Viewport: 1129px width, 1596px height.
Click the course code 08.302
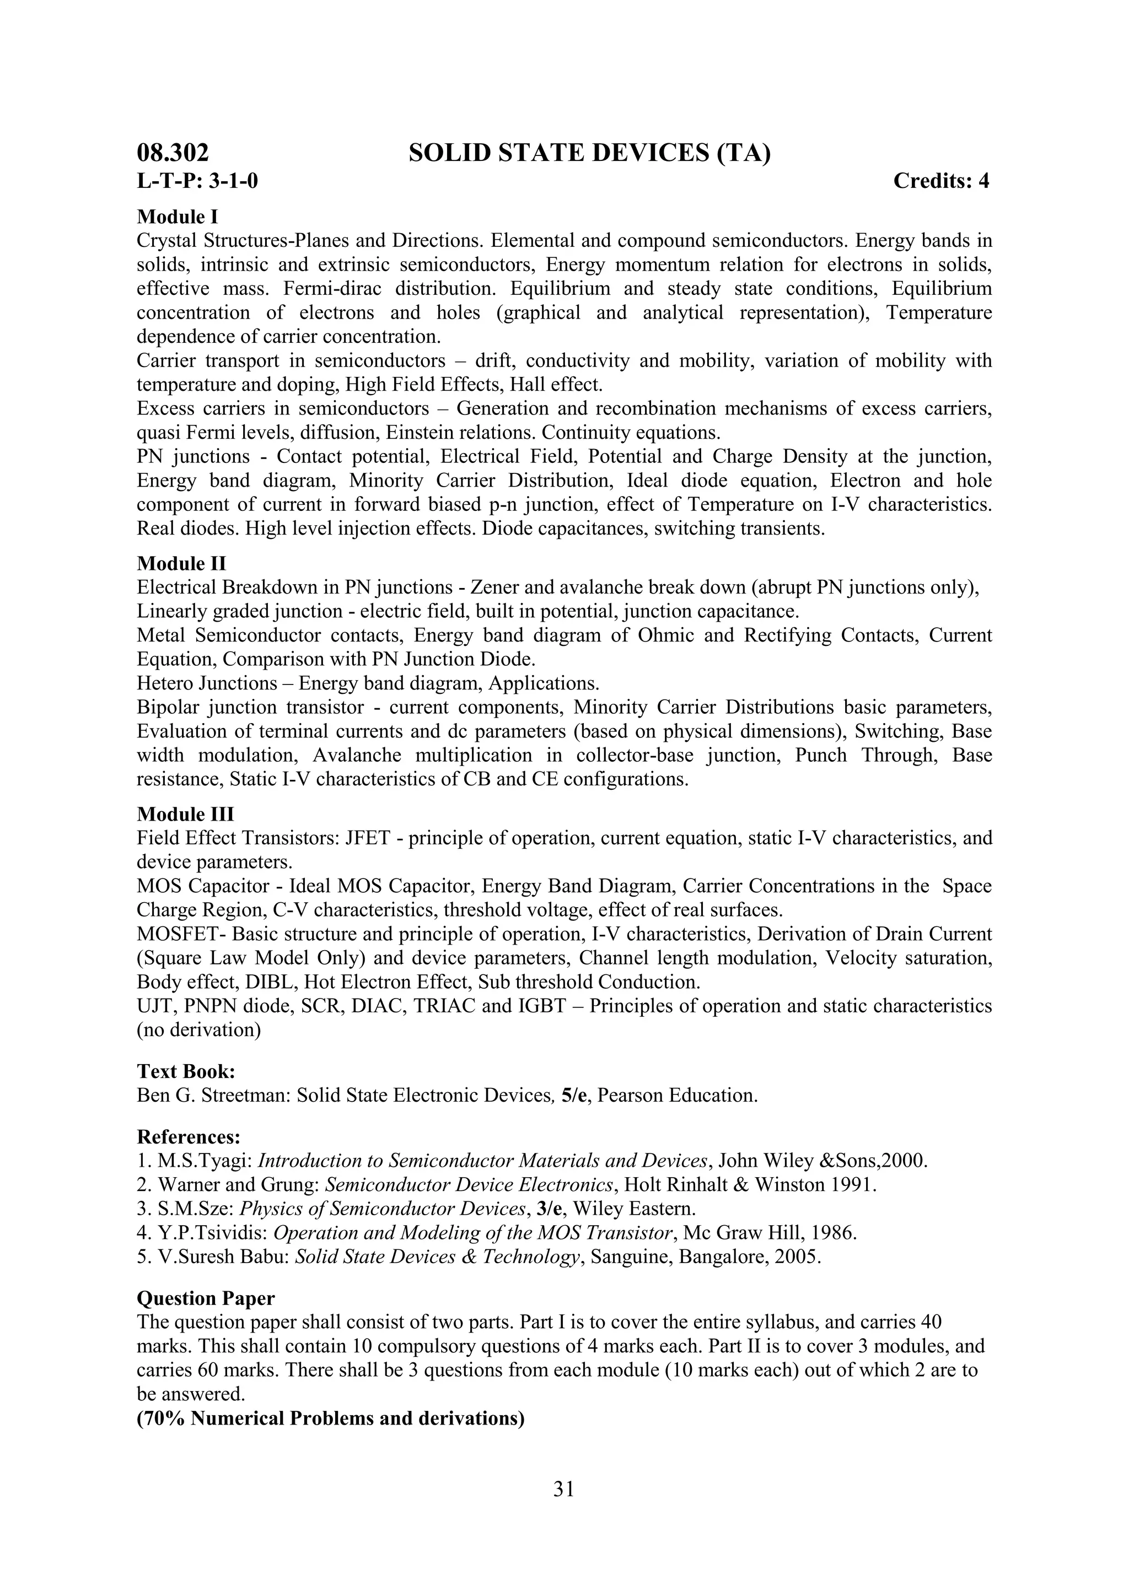[x=173, y=153]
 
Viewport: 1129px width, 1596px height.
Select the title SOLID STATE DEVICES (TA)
[x=589, y=153]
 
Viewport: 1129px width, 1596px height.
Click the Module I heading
[x=178, y=217]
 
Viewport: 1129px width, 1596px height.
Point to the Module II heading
[x=181, y=563]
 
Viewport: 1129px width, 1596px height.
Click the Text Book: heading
[x=186, y=1071]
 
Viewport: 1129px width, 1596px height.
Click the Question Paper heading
[x=206, y=1298]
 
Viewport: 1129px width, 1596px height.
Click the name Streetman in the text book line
[x=245, y=1096]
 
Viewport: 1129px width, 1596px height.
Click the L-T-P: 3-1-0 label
[x=197, y=181]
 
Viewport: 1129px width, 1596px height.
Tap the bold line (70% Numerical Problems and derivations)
[x=330, y=1418]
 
